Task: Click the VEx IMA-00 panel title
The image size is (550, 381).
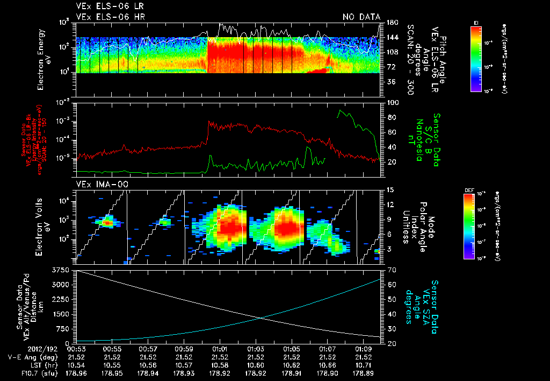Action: [x=102, y=185]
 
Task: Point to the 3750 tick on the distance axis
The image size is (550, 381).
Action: [x=62, y=269]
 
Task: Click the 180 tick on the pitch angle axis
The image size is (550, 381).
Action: [x=392, y=22]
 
